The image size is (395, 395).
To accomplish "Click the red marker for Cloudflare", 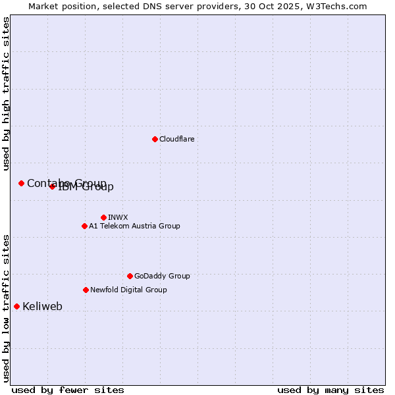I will pos(155,139).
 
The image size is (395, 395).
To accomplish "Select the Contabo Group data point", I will pos(21,183).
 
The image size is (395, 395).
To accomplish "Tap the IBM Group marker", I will pos(52,186).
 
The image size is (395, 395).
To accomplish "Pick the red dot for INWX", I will pos(103,217).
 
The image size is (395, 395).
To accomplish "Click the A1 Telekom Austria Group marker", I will pos(84,226).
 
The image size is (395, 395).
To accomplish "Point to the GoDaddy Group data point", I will pos(130,276).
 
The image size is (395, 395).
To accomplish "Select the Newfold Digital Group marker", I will pos(86,290).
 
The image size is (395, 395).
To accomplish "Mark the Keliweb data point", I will pos(16,306).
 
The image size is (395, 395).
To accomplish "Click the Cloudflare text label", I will pos(176,139).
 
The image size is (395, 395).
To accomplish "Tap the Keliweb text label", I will pos(42,306).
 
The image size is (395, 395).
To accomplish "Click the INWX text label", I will pos(118,217).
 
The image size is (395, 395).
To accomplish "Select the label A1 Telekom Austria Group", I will pos(134,226).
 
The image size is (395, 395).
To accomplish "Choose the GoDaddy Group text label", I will pos(162,276).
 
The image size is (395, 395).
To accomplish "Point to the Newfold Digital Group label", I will pos(128,290).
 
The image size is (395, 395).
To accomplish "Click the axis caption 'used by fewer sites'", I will pos(68,390).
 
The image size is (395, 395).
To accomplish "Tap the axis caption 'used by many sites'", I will pos(330,390).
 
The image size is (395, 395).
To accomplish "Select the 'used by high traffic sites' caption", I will pos(7,93).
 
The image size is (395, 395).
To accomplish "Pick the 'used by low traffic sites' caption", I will pos(7,308).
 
